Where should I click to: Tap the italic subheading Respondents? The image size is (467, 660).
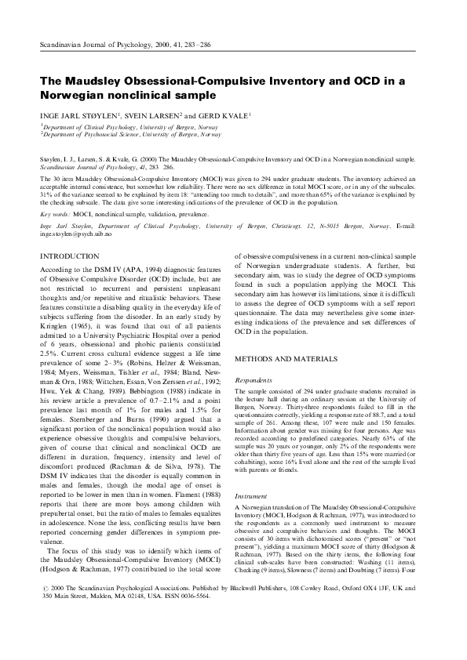pos(255,379)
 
